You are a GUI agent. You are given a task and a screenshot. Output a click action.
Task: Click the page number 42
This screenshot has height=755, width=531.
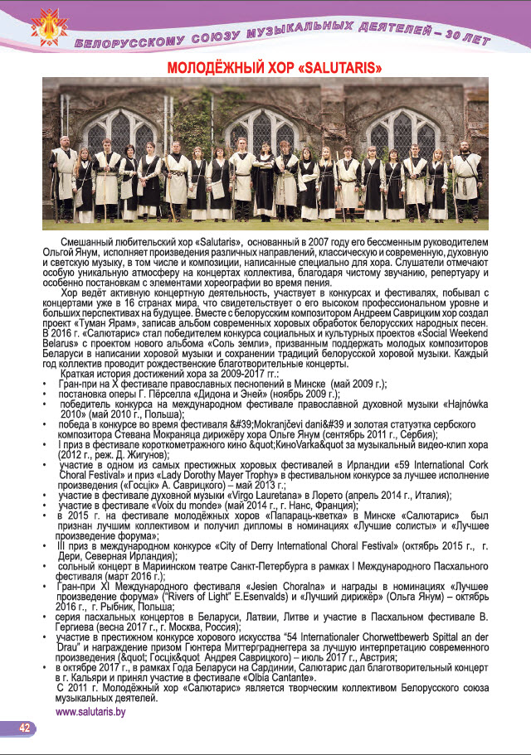[x=25, y=728]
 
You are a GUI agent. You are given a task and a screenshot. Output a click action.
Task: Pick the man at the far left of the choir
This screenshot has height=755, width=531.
[x=64, y=178]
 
